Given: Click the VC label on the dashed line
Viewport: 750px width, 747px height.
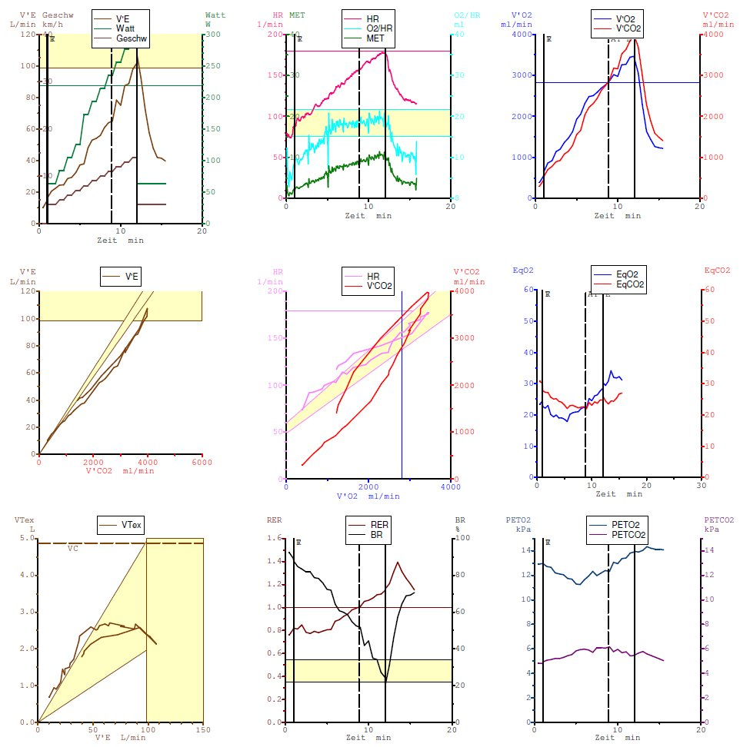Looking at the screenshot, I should point(72,549).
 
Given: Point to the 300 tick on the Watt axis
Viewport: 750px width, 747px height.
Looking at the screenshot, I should point(211,35).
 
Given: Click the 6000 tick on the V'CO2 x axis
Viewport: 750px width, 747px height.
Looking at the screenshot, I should point(202,462).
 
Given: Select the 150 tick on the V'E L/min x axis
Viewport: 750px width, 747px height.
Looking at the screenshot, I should point(203,730).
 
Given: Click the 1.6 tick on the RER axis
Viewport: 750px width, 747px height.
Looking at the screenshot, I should point(275,538).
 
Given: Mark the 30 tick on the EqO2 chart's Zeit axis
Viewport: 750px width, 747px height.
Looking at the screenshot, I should point(700,485).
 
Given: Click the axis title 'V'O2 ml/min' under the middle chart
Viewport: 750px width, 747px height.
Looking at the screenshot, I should point(368,496).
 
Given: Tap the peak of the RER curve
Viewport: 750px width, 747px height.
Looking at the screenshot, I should point(398,562).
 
